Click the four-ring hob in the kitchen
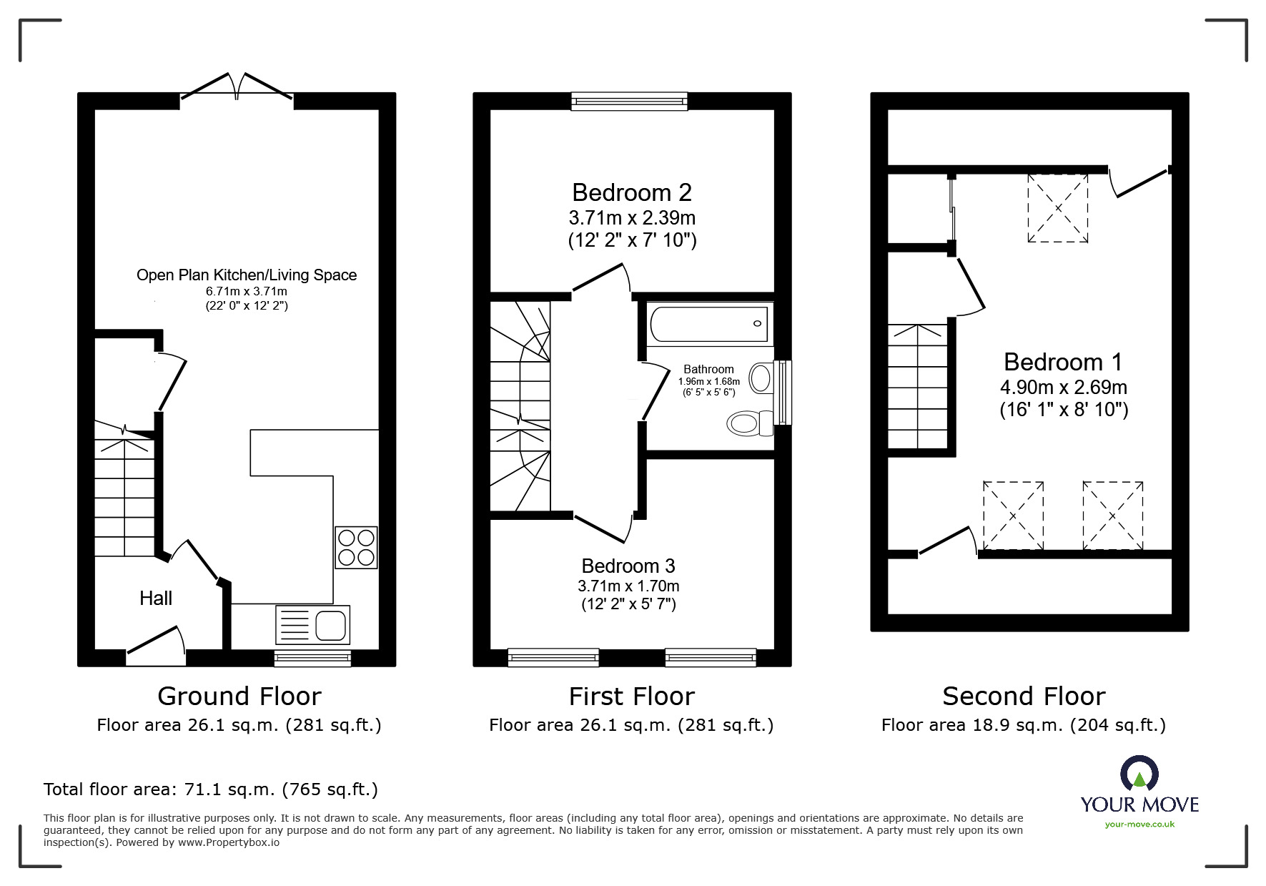point(356,547)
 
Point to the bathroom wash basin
point(761,376)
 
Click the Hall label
point(156,598)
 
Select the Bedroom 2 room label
point(632,192)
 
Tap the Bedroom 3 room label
point(628,566)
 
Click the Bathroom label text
point(708,369)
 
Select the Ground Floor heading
point(239,696)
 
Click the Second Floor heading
point(1024,696)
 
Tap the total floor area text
point(211,789)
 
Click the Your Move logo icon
point(1139,775)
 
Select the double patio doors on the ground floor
point(237,86)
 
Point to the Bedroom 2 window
point(629,102)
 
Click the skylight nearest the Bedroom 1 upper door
point(1057,208)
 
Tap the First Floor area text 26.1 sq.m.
point(631,725)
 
